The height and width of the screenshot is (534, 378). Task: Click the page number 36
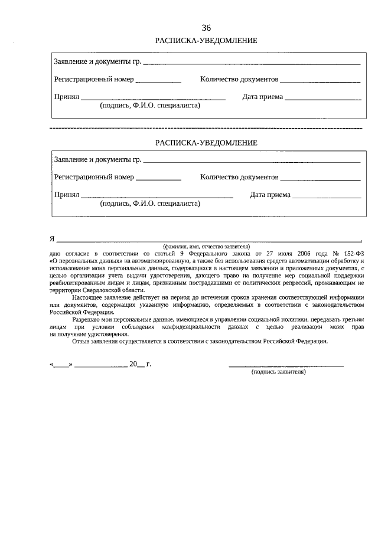tap(206, 28)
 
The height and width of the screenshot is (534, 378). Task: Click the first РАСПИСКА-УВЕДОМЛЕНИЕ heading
tap(206, 41)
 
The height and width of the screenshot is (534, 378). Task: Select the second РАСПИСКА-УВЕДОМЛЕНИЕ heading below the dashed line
tap(206, 143)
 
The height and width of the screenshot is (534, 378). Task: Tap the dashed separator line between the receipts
tap(206, 128)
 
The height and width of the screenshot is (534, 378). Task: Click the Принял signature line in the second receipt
tap(157, 196)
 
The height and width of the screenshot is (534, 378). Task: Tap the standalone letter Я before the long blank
tap(52, 239)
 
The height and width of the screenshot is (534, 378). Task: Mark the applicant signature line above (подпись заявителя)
tap(286, 366)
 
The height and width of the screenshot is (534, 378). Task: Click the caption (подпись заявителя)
tap(279, 373)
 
